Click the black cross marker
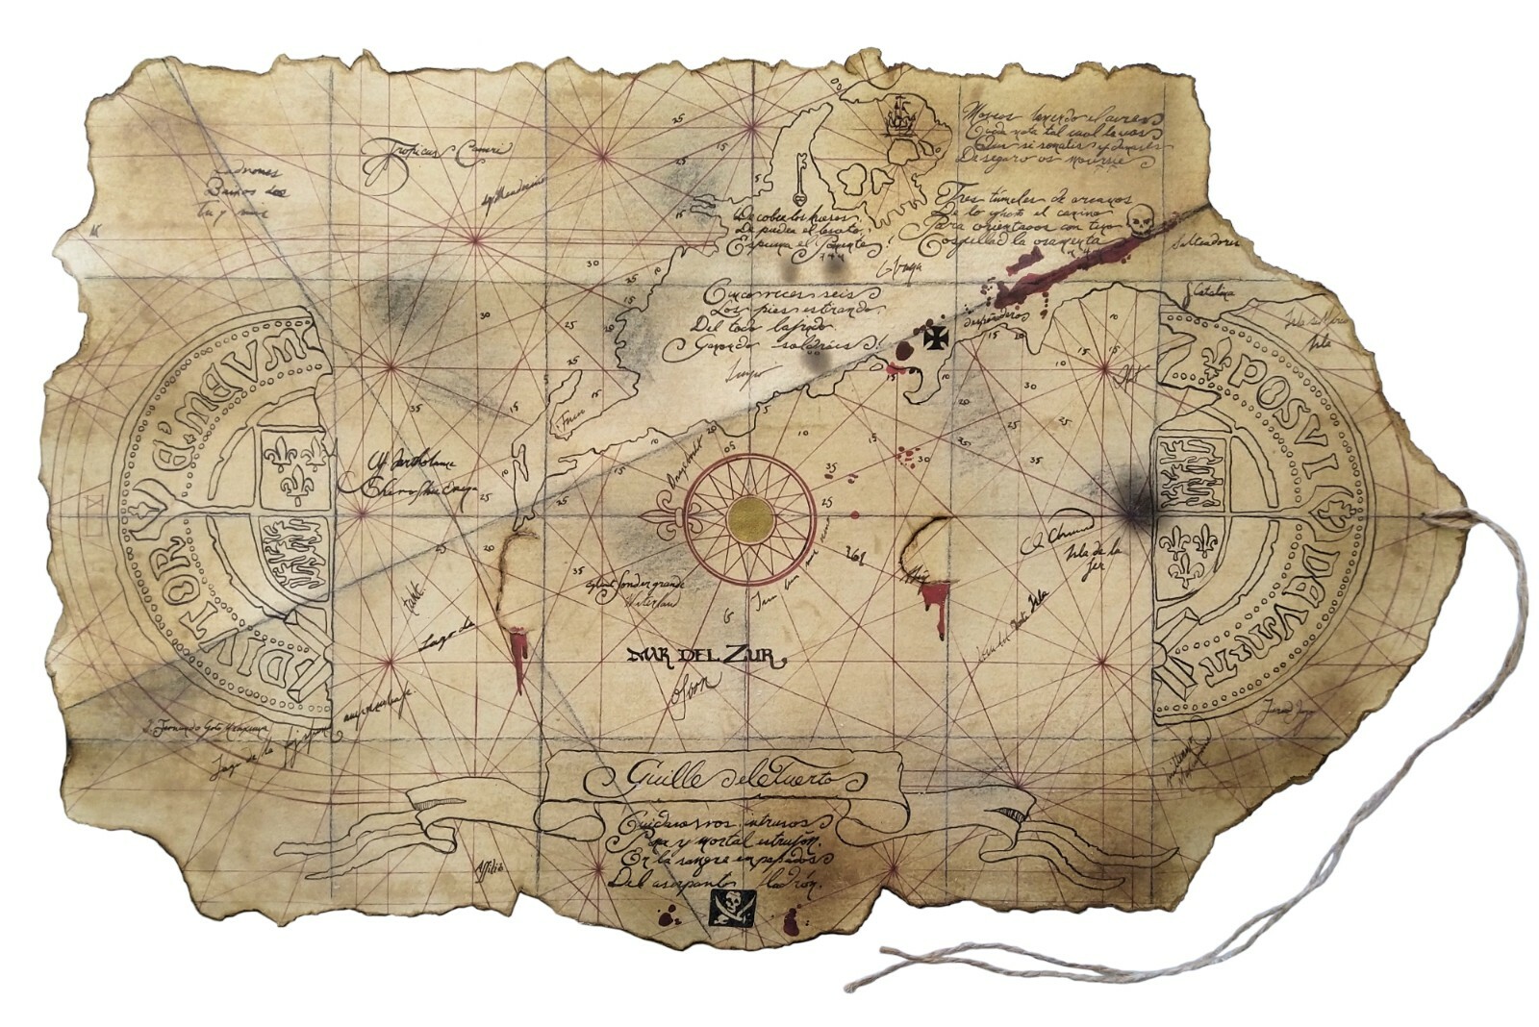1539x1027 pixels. tap(935, 338)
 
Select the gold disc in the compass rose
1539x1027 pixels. tap(751, 520)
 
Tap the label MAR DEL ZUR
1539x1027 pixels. tap(706, 658)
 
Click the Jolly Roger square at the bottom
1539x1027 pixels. tap(731, 907)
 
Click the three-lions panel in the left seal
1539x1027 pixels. tap(290, 555)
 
